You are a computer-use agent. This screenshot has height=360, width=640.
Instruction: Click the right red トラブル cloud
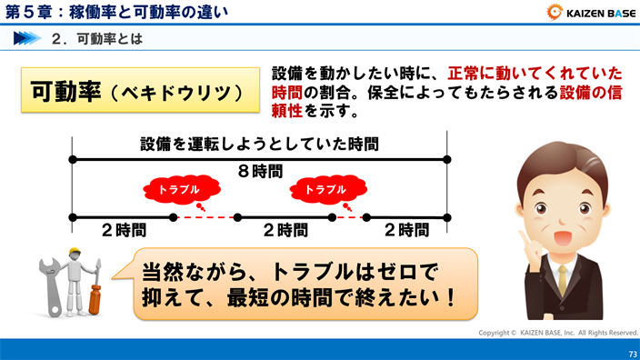(x=325, y=189)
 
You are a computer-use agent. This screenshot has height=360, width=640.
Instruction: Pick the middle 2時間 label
(x=284, y=230)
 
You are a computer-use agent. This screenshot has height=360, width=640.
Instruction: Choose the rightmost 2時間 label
(x=406, y=230)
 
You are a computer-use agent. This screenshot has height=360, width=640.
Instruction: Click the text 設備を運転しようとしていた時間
(x=259, y=144)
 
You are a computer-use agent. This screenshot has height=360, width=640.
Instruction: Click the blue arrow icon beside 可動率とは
(x=27, y=39)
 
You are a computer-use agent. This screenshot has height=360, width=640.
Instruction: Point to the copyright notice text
(x=558, y=333)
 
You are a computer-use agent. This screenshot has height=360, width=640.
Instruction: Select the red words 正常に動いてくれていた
(x=535, y=73)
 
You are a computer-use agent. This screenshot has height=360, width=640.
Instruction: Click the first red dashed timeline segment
(x=205, y=218)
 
